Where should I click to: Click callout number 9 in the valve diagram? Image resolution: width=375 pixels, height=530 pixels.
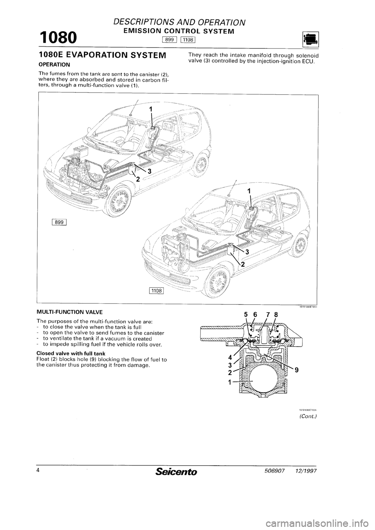(x=297, y=371)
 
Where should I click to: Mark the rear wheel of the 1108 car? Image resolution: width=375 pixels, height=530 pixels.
(x=299, y=244)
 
